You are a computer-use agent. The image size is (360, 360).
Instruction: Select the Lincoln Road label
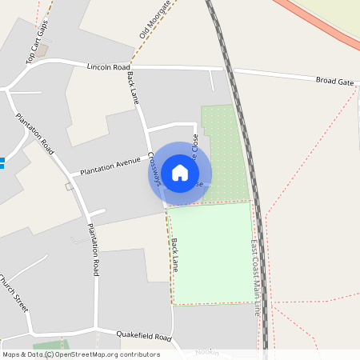(x=108, y=68)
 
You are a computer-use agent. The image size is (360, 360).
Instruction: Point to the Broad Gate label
(x=334, y=81)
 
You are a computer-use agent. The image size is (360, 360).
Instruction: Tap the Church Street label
(x=14, y=294)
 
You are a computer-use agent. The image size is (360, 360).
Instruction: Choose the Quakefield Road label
(x=144, y=337)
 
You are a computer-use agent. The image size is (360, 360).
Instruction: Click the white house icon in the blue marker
(x=180, y=173)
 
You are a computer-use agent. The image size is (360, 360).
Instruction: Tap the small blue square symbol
(x=2, y=163)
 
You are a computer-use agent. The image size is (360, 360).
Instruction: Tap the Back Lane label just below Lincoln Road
(x=133, y=87)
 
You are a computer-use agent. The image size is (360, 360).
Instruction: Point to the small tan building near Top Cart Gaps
(x=41, y=50)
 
